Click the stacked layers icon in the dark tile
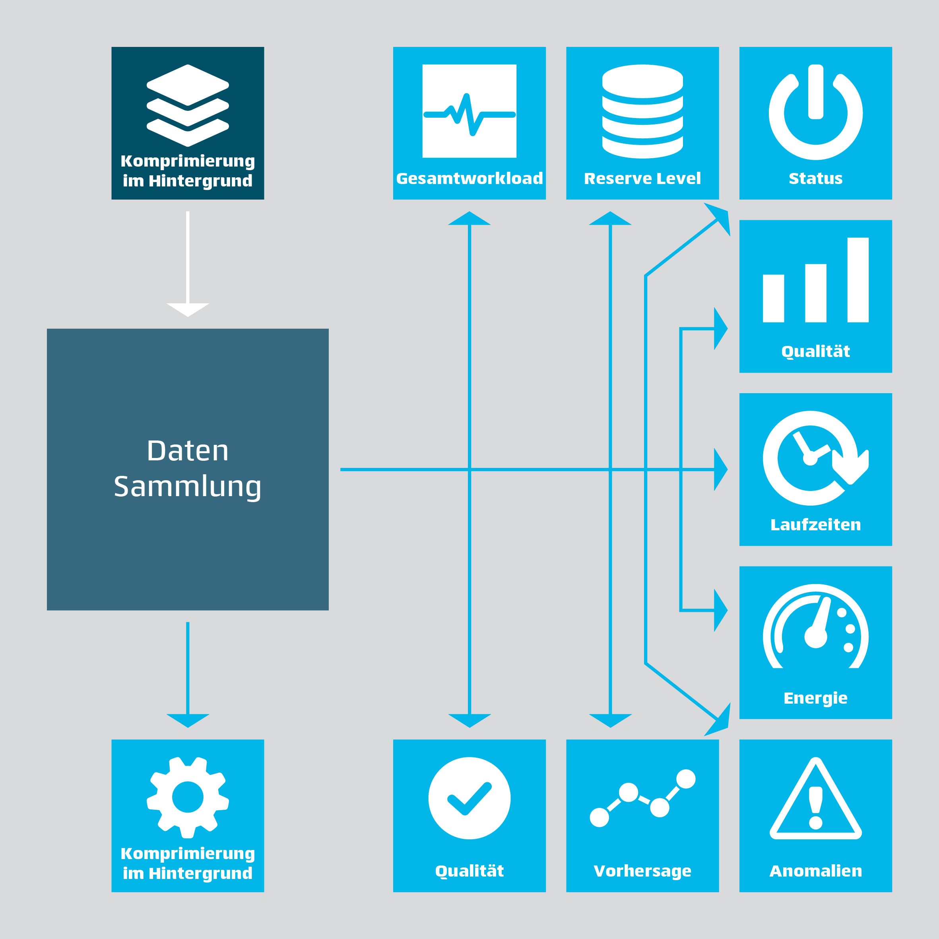point(188,105)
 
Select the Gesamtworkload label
point(469,178)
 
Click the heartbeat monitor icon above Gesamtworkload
point(469,111)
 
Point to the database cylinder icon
point(642,111)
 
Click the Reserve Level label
point(642,178)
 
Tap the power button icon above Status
point(815,113)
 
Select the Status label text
point(815,178)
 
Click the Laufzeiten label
point(815,524)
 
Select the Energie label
point(815,698)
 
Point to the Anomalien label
point(815,871)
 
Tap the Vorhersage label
point(642,871)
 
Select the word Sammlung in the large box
point(188,487)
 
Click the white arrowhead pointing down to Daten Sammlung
point(188,309)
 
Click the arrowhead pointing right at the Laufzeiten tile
point(720,469)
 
